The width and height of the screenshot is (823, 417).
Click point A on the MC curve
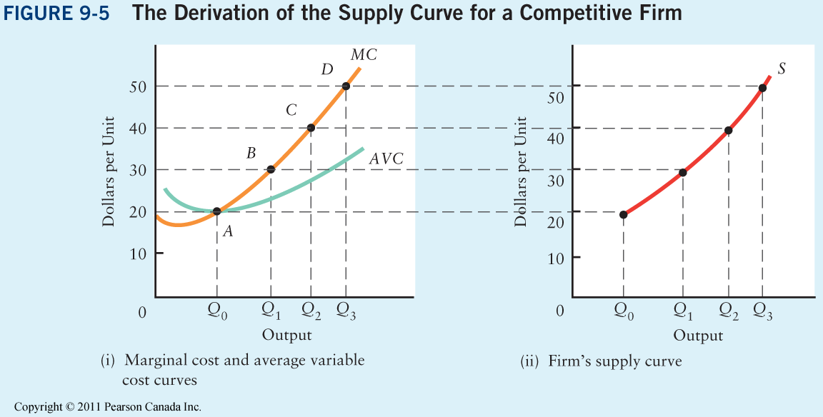click(x=217, y=211)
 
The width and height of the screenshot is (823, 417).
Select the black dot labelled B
click(x=271, y=169)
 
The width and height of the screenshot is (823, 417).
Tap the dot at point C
click(x=311, y=128)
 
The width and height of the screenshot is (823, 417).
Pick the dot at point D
click(x=346, y=86)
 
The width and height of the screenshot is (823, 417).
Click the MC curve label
click(x=364, y=54)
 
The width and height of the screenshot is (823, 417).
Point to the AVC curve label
click(x=386, y=159)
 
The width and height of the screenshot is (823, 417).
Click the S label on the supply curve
click(x=782, y=69)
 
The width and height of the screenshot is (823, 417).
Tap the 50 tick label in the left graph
click(x=138, y=87)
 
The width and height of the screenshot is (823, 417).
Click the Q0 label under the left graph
click(x=217, y=312)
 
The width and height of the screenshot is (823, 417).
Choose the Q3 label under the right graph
click(x=763, y=312)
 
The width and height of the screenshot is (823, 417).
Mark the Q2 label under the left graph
click(x=311, y=312)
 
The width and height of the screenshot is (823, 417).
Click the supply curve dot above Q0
click(x=624, y=214)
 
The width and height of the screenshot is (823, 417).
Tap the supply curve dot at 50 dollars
click(x=762, y=88)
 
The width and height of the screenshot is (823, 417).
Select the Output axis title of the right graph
click(x=699, y=336)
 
